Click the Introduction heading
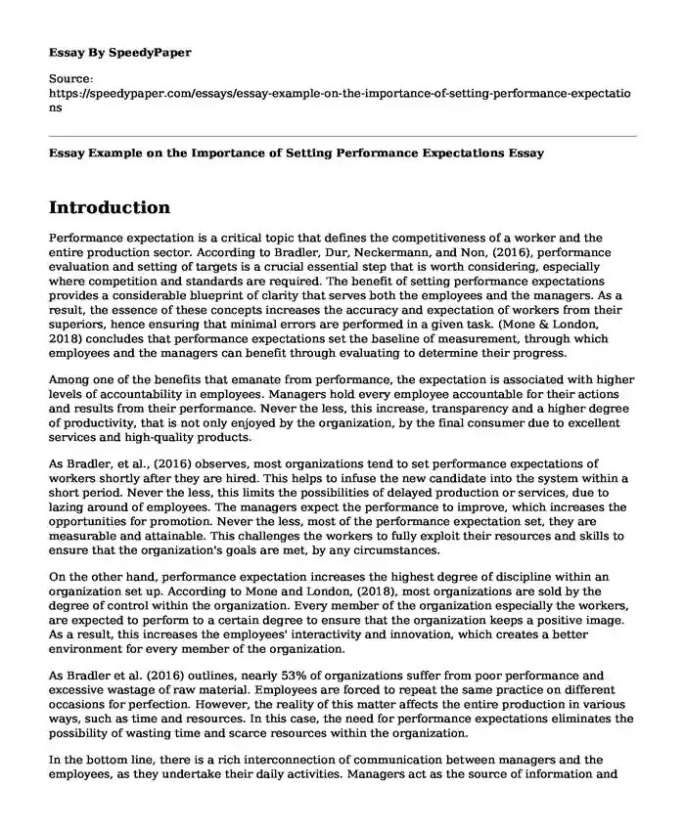click(109, 207)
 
